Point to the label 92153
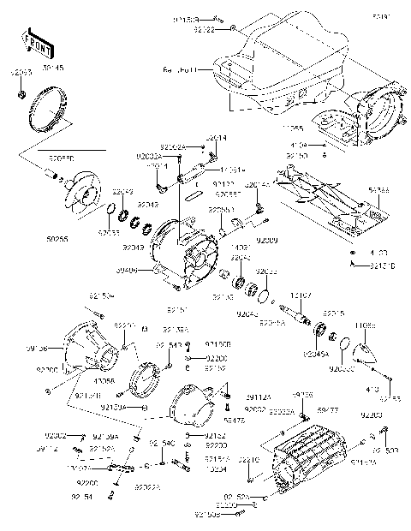[390, 399]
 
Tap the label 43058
[106, 380]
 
